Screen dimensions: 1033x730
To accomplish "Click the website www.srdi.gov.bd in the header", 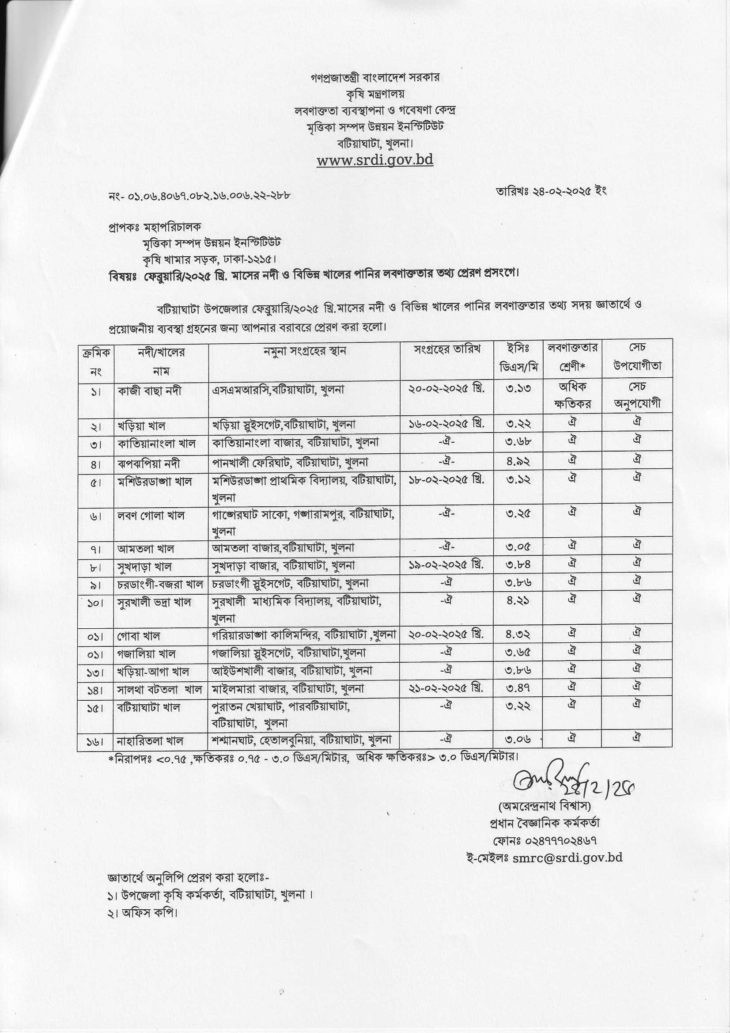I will (x=374, y=160).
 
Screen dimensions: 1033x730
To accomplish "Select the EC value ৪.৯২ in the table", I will (x=518, y=461).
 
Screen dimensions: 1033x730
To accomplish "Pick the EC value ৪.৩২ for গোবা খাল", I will (x=518, y=634).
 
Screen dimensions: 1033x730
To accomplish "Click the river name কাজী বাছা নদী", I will (x=150, y=391).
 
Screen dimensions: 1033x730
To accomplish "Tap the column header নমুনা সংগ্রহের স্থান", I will (x=305, y=351).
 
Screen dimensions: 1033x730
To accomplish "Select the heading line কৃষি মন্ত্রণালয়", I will (x=374, y=94).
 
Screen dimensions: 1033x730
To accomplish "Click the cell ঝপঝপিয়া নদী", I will (x=149, y=463).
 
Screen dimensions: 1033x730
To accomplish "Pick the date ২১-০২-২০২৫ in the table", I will (x=446, y=688).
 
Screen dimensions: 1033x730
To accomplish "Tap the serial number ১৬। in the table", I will (x=95, y=741).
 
